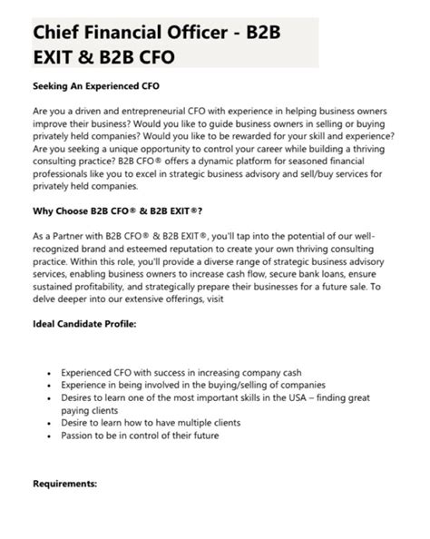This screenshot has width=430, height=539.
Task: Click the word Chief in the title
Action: click(x=57, y=33)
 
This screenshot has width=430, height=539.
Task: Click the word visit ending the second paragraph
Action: click(x=213, y=305)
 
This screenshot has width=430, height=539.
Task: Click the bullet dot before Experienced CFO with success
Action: click(x=48, y=371)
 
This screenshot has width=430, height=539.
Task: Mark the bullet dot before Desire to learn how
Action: click(x=48, y=423)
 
